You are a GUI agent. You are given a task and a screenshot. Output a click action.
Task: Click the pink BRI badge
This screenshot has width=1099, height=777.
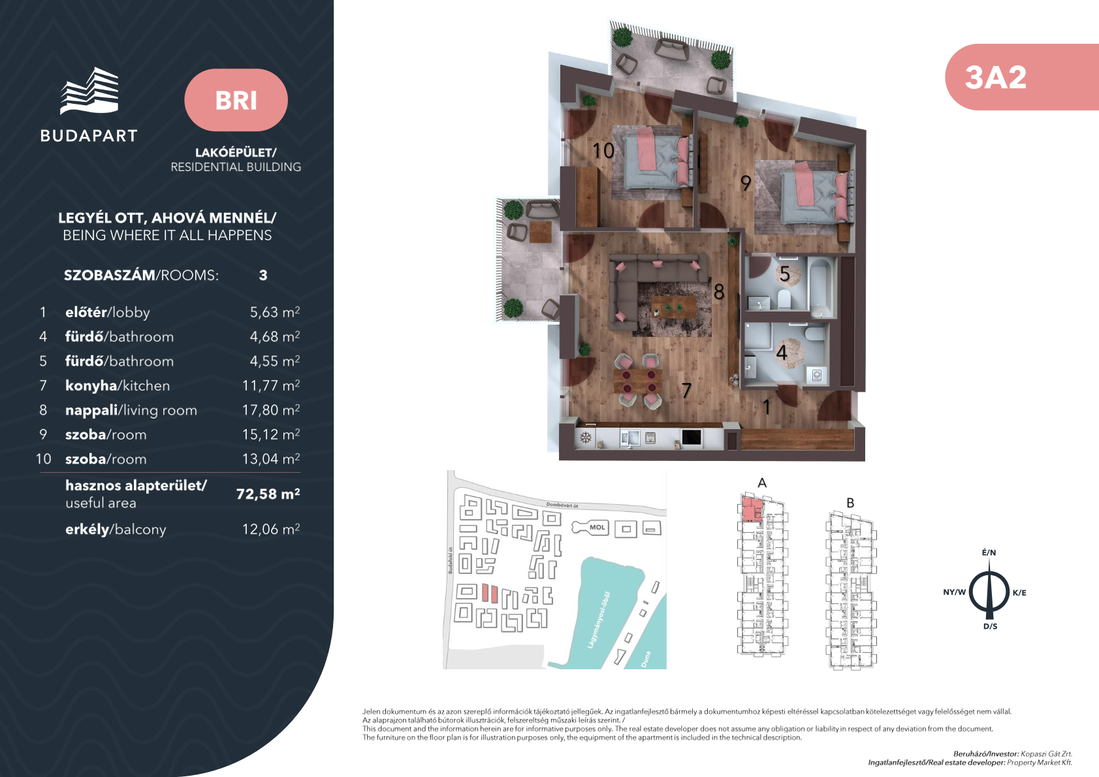click(x=236, y=100)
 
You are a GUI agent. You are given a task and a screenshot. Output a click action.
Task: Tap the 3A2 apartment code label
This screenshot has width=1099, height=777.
click(x=995, y=78)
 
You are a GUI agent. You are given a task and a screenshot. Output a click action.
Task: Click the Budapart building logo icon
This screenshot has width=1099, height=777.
click(x=89, y=91)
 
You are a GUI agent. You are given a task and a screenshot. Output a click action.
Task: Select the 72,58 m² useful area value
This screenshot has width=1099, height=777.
click(x=268, y=494)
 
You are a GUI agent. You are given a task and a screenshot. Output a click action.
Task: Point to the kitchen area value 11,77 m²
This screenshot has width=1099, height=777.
click(x=271, y=385)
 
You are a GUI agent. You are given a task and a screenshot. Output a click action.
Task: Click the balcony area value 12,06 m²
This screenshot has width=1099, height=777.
click(x=271, y=529)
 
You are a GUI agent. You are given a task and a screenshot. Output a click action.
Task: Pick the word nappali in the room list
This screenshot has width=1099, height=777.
click(x=91, y=411)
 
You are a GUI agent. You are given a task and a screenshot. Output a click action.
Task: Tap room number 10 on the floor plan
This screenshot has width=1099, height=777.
click(x=603, y=151)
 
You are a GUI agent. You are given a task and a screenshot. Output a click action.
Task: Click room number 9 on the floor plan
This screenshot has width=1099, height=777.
click(x=746, y=183)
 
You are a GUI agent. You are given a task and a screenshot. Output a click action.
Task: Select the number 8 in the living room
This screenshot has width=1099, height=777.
click(x=719, y=293)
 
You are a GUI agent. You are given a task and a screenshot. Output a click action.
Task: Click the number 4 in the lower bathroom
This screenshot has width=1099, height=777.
click(x=782, y=352)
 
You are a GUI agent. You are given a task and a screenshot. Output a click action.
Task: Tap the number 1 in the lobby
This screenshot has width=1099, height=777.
click(x=767, y=407)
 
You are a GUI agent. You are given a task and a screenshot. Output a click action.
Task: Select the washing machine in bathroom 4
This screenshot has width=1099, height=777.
click(x=817, y=375)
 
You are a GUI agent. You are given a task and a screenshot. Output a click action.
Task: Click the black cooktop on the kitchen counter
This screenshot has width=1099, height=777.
click(x=692, y=437)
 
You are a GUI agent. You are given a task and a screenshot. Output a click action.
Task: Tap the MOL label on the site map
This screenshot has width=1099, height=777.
click(x=597, y=528)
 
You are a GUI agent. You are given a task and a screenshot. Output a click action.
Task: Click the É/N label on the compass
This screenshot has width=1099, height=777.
click(x=989, y=553)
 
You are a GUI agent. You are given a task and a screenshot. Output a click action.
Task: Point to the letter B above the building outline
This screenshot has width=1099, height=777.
click(x=850, y=503)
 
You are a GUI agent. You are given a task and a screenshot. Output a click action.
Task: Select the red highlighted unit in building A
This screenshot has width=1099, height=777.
click(x=750, y=509)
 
